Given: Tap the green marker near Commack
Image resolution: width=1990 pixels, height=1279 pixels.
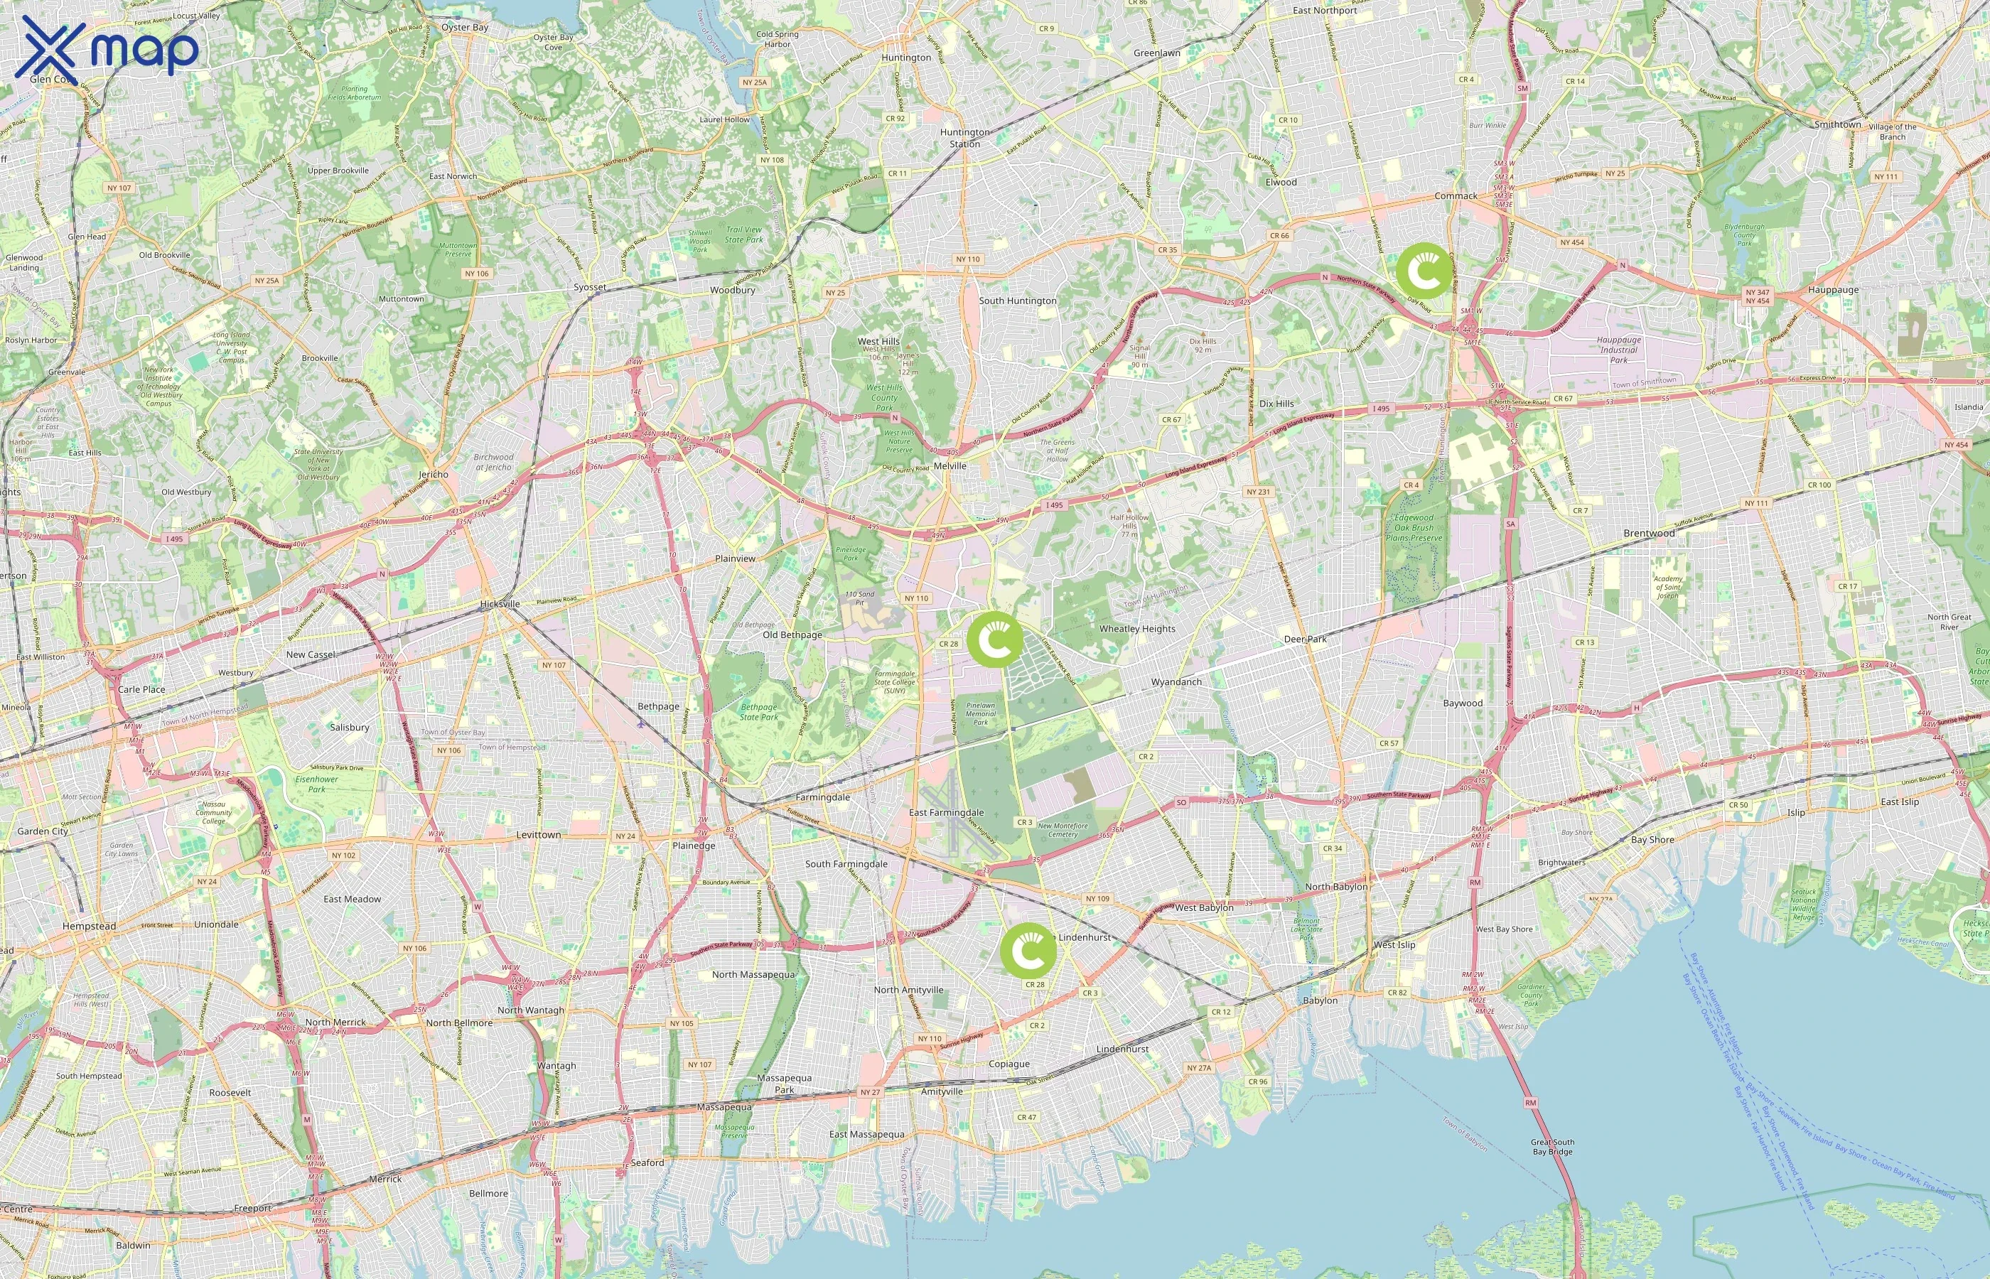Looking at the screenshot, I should click(1424, 271).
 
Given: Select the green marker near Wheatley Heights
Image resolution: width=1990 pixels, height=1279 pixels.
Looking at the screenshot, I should click(995, 639).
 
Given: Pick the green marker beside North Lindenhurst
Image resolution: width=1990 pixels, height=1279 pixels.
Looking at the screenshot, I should click(1028, 950).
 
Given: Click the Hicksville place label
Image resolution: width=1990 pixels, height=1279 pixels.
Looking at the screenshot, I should click(500, 604).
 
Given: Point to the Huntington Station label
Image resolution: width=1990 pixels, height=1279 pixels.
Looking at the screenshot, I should click(965, 138).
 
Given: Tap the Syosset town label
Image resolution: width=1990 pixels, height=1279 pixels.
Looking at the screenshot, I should click(590, 286).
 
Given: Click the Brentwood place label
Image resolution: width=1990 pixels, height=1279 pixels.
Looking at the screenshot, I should click(1649, 533).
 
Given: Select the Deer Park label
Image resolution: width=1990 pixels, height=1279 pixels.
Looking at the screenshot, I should click(1305, 639).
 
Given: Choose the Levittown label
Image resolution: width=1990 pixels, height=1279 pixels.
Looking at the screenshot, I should click(538, 835).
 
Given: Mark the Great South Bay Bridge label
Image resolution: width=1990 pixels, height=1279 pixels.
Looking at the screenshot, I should click(1552, 1147).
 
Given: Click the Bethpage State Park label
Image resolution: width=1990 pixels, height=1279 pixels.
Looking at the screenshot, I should click(758, 712).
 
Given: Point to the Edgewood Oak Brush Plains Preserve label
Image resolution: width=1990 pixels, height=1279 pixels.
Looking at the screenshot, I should click(1414, 527).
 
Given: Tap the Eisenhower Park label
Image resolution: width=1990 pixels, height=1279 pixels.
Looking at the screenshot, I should click(316, 784).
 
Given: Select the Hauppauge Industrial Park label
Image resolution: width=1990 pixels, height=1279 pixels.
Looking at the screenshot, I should click(1619, 350).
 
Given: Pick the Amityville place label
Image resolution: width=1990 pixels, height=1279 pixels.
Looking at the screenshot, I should click(941, 1091).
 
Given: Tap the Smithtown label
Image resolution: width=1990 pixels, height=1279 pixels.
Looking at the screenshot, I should click(1837, 124).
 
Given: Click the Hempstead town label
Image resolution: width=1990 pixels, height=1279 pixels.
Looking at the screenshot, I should click(89, 926).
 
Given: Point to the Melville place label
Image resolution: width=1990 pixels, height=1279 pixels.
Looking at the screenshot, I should click(950, 466).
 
